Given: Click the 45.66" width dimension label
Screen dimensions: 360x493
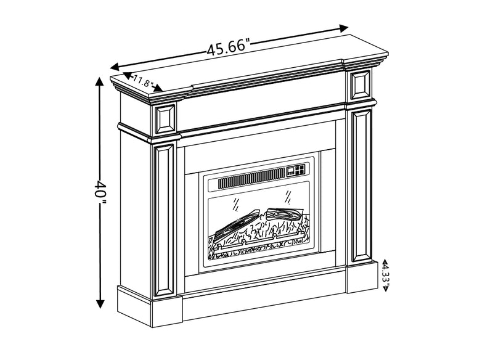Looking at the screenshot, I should tap(228, 47).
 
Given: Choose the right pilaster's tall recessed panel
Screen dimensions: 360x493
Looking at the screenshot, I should tap(361, 185).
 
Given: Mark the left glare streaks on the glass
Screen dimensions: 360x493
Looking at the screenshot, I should tap(234, 203).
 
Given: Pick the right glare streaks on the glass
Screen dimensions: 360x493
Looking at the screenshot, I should tap(287, 196).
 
